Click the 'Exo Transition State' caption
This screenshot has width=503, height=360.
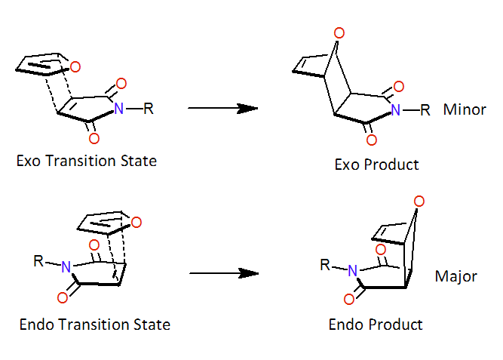[x=86, y=161]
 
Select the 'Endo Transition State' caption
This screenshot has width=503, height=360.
[x=94, y=325]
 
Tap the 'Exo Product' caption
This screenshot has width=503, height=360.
[x=376, y=165]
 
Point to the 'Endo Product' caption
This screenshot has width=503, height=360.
[x=376, y=325]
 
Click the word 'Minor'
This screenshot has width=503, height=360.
[x=465, y=109]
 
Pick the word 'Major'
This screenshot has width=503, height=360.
[x=455, y=276]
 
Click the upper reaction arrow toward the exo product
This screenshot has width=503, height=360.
[x=223, y=108]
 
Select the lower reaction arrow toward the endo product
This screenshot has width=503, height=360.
[x=224, y=273]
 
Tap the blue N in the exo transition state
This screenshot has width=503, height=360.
[x=118, y=109]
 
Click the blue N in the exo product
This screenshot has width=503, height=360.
[x=395, y=110]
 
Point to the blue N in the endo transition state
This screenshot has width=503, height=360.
[x=66, y=266]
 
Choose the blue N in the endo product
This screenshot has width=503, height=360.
[x=352, y=270]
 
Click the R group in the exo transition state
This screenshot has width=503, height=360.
[x=149, y=109]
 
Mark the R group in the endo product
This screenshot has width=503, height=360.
[x=325, y=265]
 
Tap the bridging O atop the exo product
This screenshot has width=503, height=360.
[x=339, y=32]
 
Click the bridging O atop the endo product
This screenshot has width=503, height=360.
[x=419, y=202]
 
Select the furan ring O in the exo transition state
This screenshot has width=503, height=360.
[x=75, y=67]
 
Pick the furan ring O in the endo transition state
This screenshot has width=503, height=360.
[x=136, y=222]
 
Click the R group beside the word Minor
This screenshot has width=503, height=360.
[x=425, y=110]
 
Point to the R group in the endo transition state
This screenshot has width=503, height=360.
[x=38, y=261]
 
